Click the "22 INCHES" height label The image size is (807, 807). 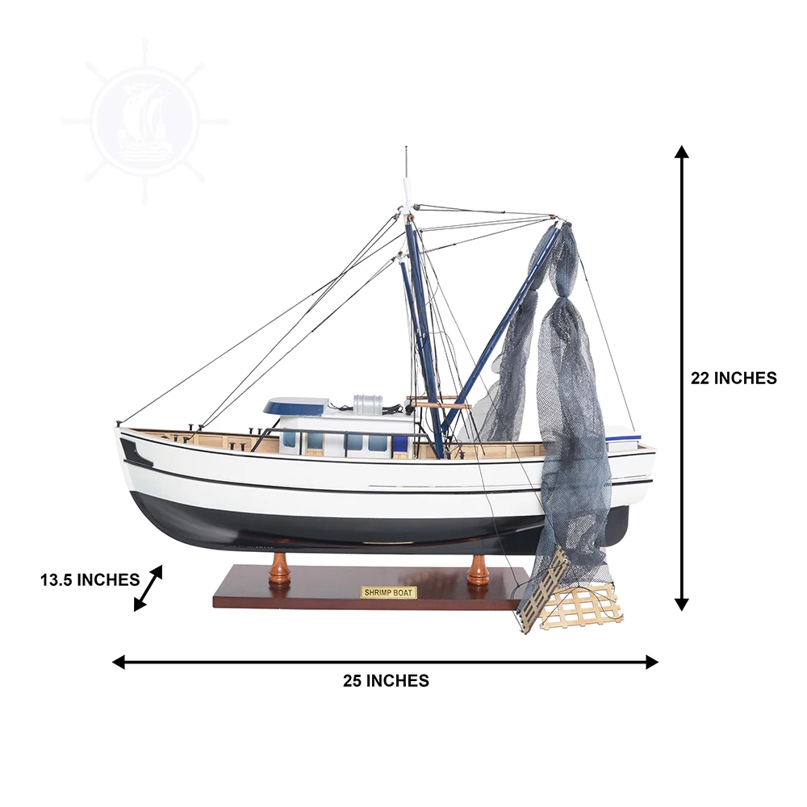point(734,377)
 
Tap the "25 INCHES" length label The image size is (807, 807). point(386,680)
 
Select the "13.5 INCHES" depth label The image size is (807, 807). point(90,579)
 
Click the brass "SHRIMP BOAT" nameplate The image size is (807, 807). point(389,592)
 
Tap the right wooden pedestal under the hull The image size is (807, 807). point(477,570)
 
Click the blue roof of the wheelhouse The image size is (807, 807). point(295,404)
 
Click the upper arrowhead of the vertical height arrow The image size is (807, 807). point(682,153)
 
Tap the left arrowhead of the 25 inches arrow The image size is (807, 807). point(118,662)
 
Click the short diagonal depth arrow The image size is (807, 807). point(148,587)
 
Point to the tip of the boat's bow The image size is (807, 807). point(119,432)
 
